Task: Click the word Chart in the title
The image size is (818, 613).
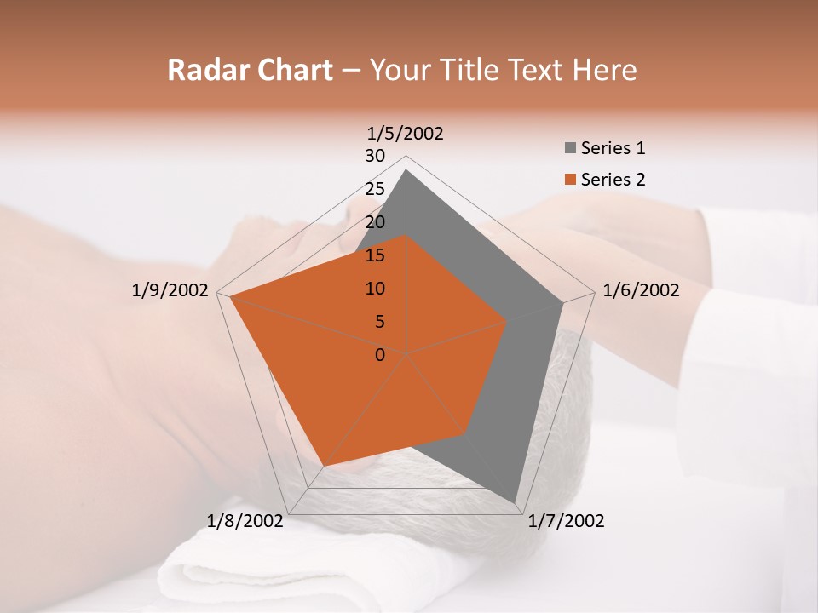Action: pos(289,70)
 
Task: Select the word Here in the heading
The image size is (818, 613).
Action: pos(605,70)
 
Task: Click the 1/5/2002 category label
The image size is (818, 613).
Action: pos(406,133)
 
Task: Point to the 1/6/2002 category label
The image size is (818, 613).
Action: pos(641,290)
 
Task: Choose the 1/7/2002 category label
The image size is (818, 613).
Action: pos(566,521)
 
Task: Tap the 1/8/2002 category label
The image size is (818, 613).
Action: pos(245,521)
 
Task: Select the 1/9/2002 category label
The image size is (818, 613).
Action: pos(170,290)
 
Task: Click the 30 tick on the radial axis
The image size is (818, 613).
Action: pos(375,156)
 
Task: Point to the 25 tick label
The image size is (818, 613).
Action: pos(375,189)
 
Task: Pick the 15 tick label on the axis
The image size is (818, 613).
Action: pos(375,255)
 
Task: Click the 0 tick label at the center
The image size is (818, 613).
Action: pos(380,355)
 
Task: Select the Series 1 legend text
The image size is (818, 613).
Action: pos(613,148)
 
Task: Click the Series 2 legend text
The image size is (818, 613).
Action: pos(613,180)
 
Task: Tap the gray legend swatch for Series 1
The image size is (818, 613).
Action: pos(570,149)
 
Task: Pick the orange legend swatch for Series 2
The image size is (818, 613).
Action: pos(570,180)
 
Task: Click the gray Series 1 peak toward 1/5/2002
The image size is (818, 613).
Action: pos(406,171)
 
